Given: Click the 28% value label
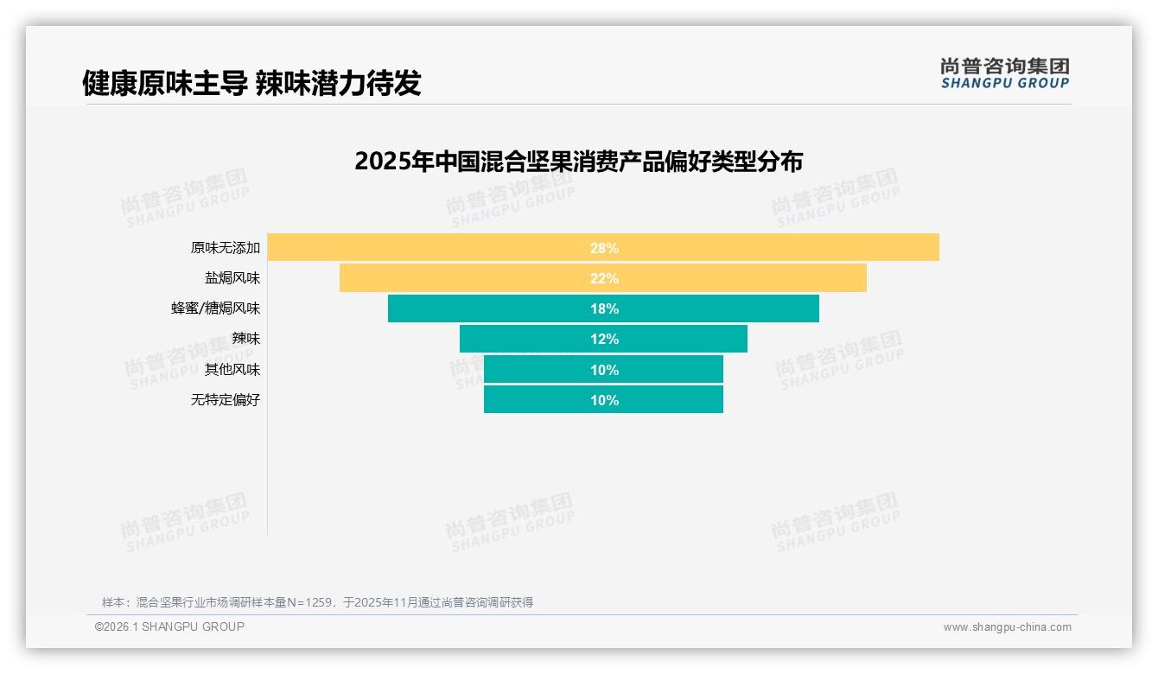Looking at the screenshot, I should [604, 248].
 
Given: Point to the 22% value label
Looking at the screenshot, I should [604, 278].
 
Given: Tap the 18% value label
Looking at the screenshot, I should [604, 308].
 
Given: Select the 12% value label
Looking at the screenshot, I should [604, 339].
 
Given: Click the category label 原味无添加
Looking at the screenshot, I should [225, 248].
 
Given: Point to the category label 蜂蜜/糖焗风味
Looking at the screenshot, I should [215, 308].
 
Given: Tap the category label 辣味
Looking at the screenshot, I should [245, 339].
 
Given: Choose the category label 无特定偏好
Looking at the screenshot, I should [225, 400].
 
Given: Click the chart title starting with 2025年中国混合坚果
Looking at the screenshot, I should [578, 162].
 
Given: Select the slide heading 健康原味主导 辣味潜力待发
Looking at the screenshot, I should [251, 83].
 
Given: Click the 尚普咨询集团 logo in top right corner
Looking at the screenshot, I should [1004, 73].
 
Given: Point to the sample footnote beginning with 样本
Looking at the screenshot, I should [317, 602].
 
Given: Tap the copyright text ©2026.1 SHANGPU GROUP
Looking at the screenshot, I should [169, 626].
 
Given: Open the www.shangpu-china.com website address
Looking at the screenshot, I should [1007, 627].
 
